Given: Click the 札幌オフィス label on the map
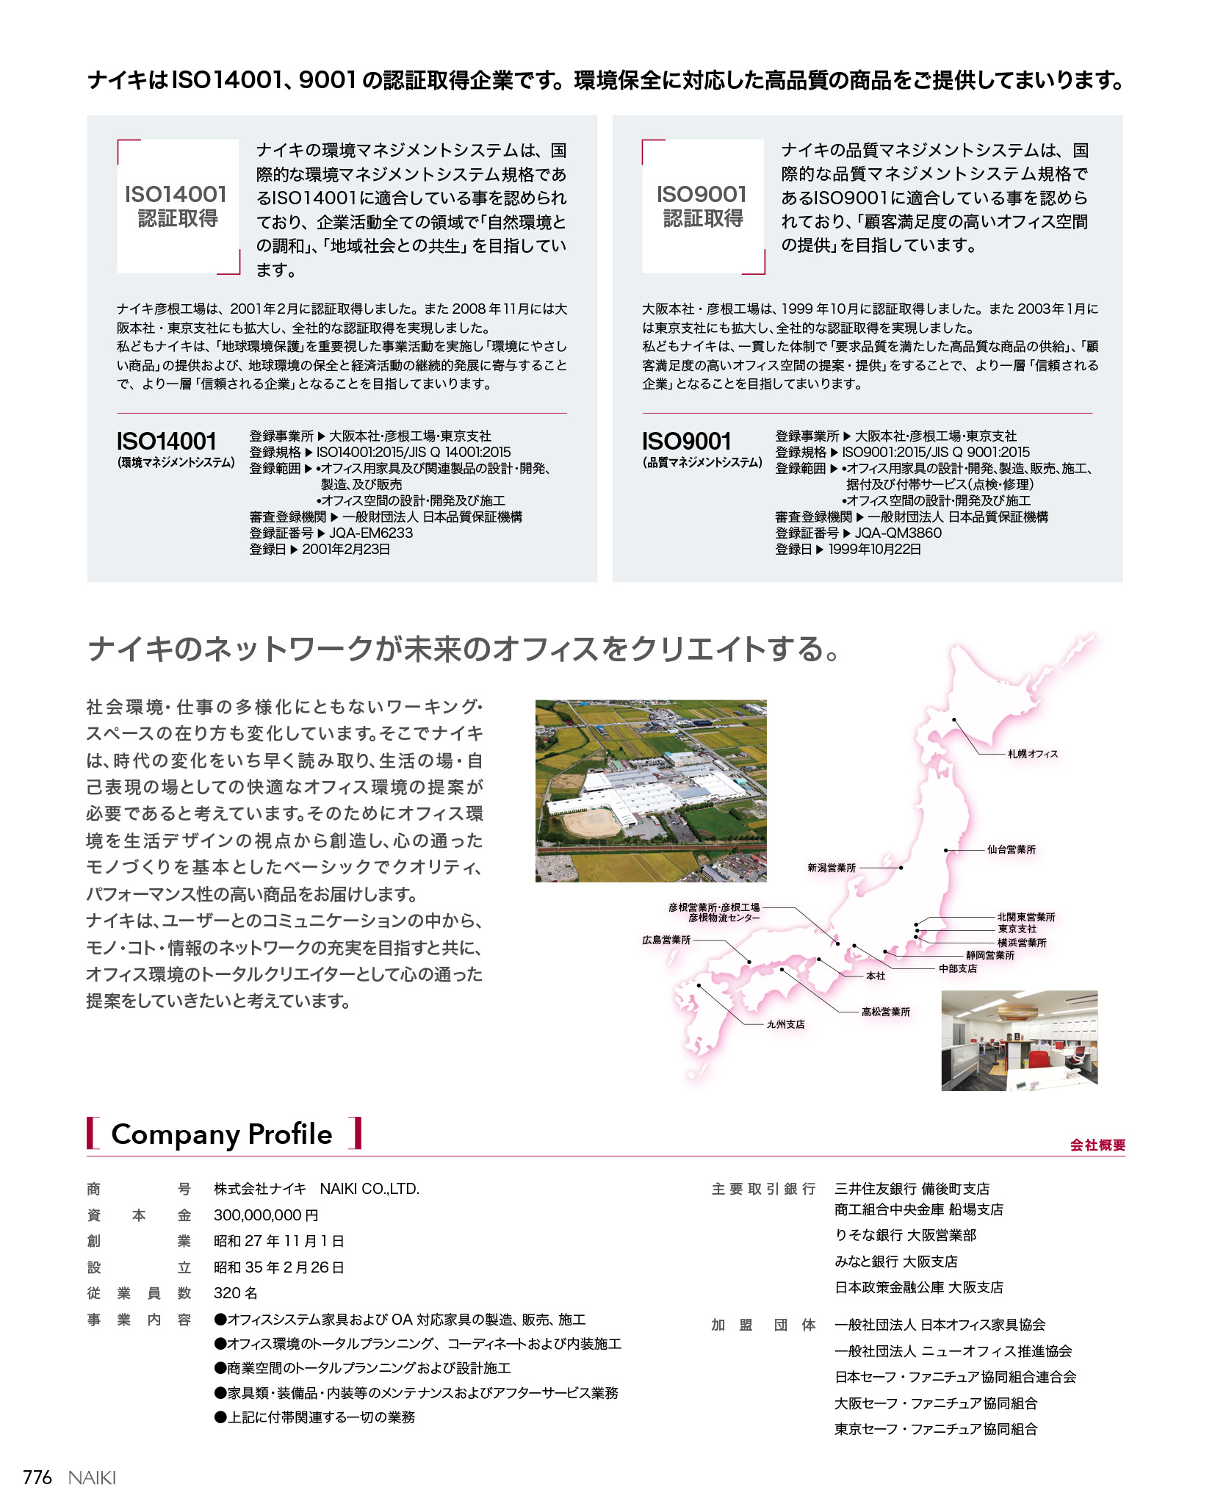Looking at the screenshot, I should coord(1032,754).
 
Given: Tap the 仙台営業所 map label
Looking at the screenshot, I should coord(1011,849).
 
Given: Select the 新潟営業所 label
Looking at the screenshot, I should coord(832,868).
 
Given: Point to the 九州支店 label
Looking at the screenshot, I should coord(785,1024).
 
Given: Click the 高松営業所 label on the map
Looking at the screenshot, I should coord(885,1012).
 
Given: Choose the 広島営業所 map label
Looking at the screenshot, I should coord(666,940).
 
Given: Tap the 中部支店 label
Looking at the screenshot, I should coord(958,968).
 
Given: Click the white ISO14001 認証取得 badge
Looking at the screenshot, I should coord(178,206).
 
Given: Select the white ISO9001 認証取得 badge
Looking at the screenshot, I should coord(703,206).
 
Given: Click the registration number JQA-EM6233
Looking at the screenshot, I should coord(371,533).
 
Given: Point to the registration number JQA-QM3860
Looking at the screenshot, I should coord(898,533).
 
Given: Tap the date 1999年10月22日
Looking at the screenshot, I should coord(874,549).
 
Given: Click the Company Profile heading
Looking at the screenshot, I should coord(222,1134).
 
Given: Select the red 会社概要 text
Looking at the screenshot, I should coord(1097,1145).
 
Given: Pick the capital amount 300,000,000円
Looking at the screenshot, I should coord(266,1215).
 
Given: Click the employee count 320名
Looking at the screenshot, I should coord(236,1293).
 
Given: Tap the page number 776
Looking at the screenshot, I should coord(37,1478).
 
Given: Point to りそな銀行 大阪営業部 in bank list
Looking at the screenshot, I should coord(905,1235).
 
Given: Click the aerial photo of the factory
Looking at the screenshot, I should coord(651,791).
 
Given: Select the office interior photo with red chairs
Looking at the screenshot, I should coord(1019,1040).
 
